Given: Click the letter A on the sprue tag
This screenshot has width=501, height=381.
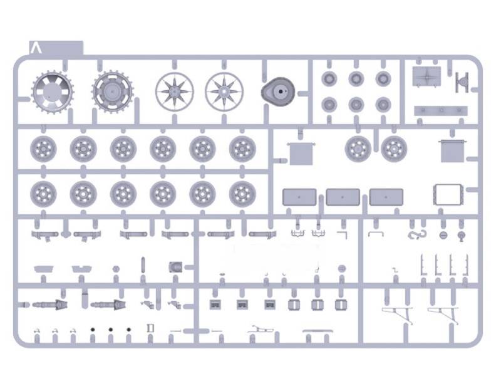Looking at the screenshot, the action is click(36, 48).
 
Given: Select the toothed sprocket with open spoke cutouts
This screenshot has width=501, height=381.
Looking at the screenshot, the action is click(53, 92).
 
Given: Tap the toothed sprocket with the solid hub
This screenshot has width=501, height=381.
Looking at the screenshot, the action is click(113, 92).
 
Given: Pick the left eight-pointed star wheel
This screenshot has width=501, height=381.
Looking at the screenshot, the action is click(175, 91).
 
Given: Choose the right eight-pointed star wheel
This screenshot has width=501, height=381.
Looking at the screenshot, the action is click(224, 91).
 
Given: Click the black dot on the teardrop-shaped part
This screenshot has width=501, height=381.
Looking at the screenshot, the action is click(281, 91).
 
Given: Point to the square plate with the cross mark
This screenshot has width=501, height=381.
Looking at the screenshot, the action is click(426, 76).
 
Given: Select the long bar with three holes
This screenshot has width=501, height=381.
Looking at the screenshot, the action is click(441, 110).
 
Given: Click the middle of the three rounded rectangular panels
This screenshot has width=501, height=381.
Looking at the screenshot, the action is click(343, 197).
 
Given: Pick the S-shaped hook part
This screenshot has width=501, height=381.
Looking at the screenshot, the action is click(417, 234).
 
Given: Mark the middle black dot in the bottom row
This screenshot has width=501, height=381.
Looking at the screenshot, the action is click(111, 329).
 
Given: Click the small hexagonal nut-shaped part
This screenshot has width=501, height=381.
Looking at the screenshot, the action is click(116, 269).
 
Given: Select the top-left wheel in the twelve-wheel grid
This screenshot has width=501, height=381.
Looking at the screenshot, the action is click(43, 149).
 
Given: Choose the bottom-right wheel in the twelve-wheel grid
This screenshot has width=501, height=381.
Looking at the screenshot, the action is click(242, 194).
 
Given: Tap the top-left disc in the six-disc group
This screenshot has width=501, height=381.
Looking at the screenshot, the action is click(329, 78).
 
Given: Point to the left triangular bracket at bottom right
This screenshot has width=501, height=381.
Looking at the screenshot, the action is click(397, 315).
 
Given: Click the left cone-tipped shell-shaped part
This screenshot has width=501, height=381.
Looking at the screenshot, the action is click(50, 305).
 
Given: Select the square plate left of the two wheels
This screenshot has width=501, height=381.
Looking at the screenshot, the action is click(301, 154).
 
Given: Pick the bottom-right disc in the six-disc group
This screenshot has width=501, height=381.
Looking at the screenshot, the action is click(383, 105).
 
